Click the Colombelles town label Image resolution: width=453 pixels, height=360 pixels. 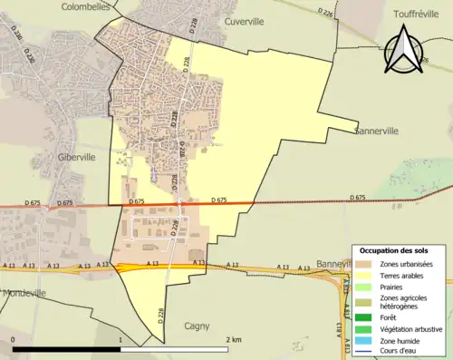85,6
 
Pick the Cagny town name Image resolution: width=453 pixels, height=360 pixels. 197,326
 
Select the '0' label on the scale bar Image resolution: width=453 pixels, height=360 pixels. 14,339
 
